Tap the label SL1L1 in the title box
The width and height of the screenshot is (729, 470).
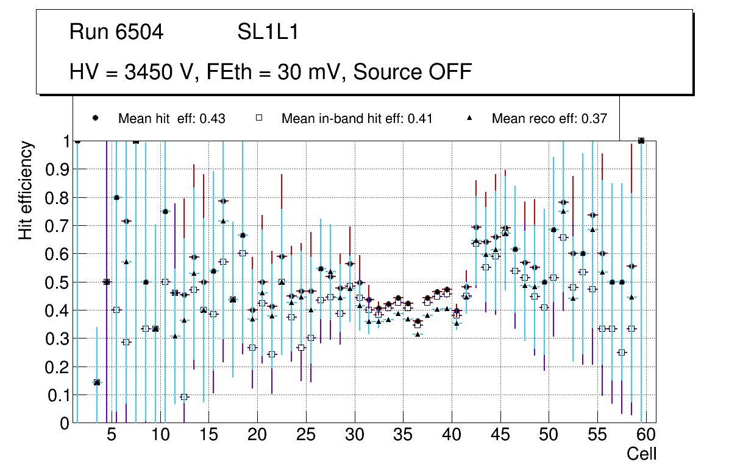(268, 32)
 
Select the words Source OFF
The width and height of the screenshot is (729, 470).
(413, 72)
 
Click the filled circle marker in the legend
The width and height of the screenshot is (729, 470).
(96, 118)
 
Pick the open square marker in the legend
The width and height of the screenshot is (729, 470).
(258, 118)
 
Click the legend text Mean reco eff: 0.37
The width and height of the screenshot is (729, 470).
(549, 119)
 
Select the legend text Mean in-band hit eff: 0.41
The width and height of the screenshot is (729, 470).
(357, 119)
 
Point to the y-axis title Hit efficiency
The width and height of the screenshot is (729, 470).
(26, 190)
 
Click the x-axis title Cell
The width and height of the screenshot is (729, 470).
(642, 454)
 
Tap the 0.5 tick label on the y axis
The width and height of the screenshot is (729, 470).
(57, 282)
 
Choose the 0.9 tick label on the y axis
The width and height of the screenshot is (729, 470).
(57, 170)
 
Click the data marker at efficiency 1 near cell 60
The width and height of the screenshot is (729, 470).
(641, 141)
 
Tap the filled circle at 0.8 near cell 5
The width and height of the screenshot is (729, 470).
(116, 197)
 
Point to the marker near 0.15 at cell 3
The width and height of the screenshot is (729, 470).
(96, 382)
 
